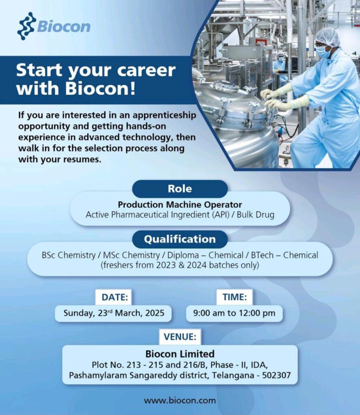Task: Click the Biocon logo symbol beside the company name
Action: point(26,26)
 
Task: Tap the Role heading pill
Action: point(180,189)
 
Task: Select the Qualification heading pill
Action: point(180,239)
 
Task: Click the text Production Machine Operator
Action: point(180,205)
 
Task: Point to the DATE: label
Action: point(115,297)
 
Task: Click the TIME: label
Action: point(234,297)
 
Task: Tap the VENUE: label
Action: point(180,337)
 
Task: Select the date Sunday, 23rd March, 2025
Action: point(114,313)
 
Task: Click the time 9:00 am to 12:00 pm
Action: point(234,313)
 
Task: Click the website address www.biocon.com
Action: point(180,400)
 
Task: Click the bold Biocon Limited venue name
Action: point(180,354)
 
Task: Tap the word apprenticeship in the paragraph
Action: point(164,116)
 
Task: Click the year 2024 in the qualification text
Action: point(196,265)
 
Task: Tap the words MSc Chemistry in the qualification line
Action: point(132,255)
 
